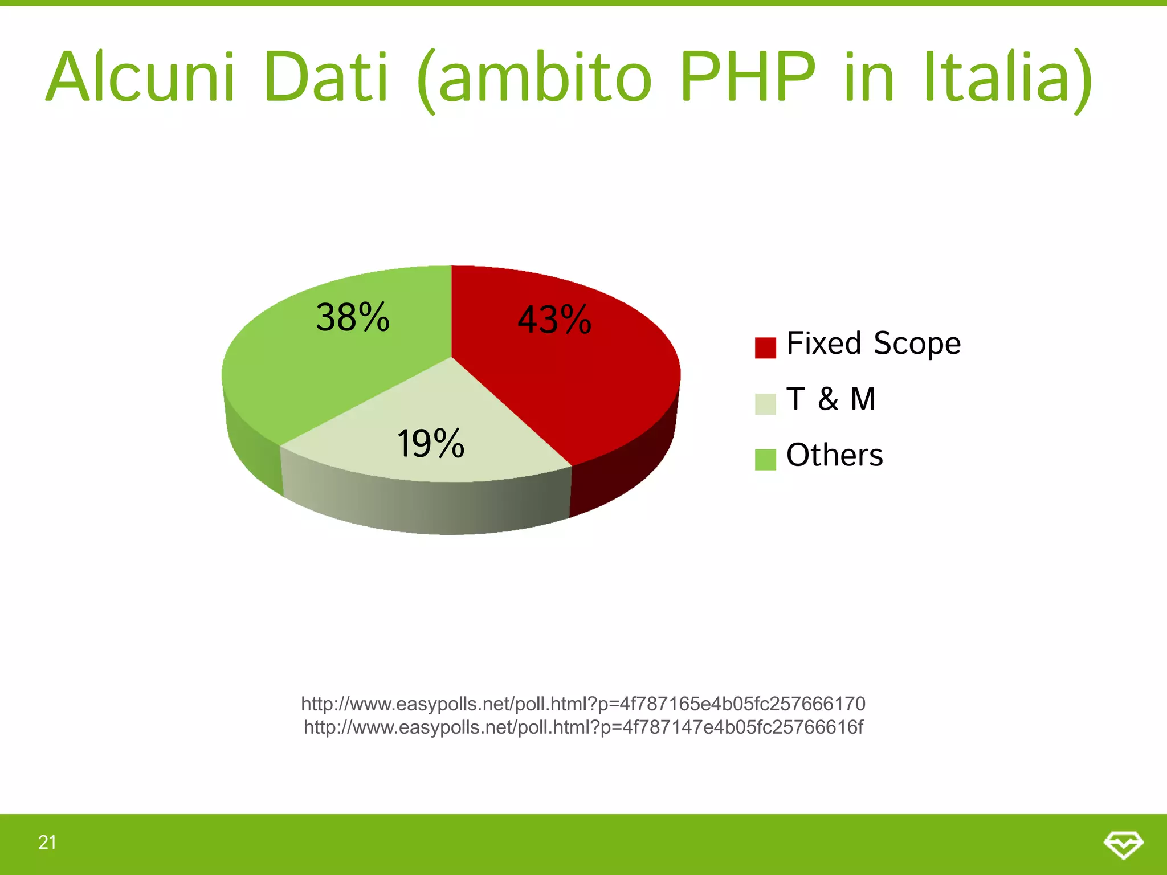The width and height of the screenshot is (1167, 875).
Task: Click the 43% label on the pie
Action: tap(554, 320)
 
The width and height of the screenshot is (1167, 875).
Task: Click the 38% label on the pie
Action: tap(353, 317)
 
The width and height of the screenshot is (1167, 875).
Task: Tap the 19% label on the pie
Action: tap(431, 444)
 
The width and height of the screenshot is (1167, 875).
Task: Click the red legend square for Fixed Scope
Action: tap(765, 347)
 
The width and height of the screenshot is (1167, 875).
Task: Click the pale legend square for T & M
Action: tap(765, 404)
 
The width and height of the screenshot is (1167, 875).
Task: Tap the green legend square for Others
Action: tap(765, 460)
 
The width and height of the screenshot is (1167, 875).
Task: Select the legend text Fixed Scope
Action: tap(874, 344)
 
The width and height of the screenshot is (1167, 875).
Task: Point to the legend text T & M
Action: tap(831, 399)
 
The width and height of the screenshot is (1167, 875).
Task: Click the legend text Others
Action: tap(834, 455)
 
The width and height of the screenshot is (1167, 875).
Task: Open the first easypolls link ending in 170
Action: tap(583, 704)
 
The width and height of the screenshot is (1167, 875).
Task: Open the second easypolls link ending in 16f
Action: tap(583, 727)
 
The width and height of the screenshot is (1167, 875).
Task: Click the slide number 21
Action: tap(47, 843)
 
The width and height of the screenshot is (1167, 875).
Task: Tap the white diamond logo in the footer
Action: tap(1123, 844)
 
